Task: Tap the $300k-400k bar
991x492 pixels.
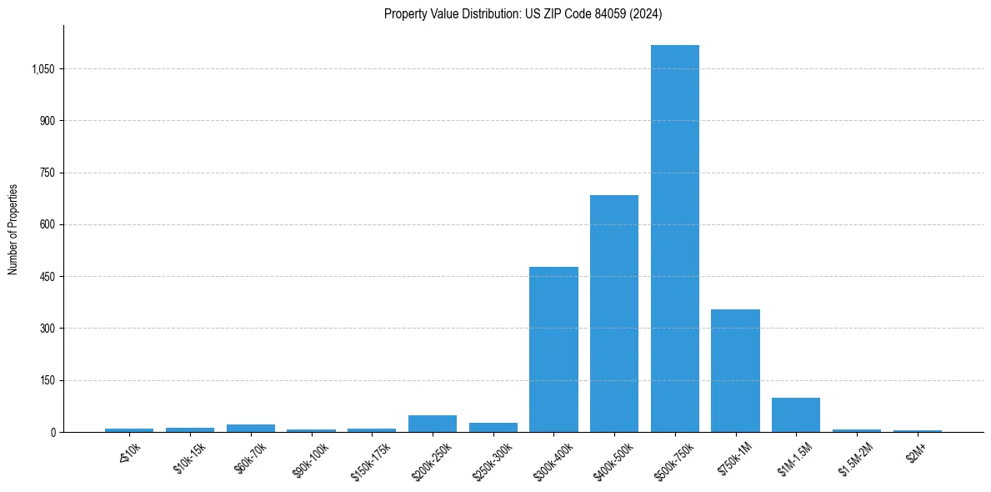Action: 553,349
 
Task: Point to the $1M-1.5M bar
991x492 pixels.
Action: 796,415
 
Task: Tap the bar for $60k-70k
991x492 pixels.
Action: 250,428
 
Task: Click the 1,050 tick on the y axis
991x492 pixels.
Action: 43,69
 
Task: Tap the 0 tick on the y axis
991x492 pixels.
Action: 53,432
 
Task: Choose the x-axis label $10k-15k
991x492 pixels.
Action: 189,457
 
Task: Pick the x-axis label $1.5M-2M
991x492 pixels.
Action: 855,457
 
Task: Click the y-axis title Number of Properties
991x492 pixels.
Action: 13,228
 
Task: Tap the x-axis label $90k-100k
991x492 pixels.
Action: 310,458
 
